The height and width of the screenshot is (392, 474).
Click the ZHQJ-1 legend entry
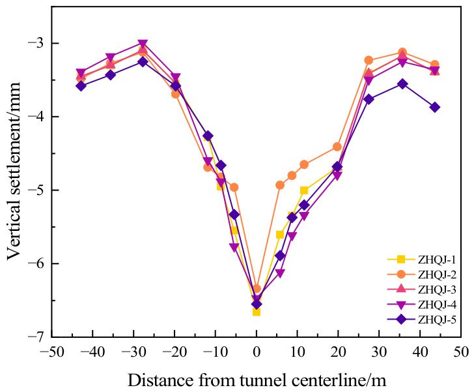point(421,260)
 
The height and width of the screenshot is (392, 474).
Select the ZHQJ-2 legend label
point(437,275)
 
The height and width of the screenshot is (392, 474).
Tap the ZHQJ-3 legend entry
point(421,290)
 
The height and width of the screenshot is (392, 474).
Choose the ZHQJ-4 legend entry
point(421,305)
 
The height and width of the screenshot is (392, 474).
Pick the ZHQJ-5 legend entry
point(421,320)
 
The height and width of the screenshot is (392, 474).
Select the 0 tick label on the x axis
point(257,352)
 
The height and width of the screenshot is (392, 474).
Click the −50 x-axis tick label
point(51,352)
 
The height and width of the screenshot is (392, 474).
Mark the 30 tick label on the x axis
point(379,352)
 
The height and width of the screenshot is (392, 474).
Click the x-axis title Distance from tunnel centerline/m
point(257,380)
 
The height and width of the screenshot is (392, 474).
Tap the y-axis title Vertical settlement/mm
point(14,171)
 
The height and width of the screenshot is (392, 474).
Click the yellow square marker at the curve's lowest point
point(257,312)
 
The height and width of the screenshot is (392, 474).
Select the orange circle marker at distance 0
point(257,288)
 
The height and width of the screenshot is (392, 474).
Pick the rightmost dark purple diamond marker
point(435,107)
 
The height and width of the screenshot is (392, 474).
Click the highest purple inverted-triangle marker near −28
point(143,44)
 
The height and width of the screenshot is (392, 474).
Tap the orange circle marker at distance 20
point(337,147)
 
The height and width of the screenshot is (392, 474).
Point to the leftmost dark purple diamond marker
point(81,85)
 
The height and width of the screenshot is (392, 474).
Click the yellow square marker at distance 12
point(304,190)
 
